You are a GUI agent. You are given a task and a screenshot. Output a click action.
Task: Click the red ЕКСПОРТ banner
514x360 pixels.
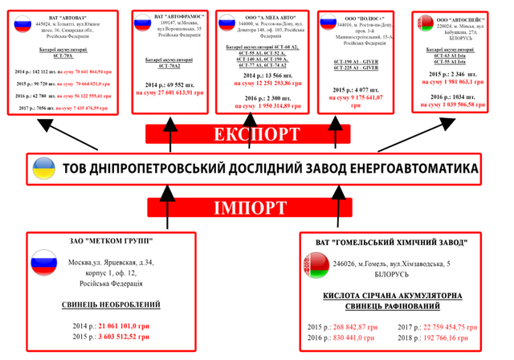coord(256,133)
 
